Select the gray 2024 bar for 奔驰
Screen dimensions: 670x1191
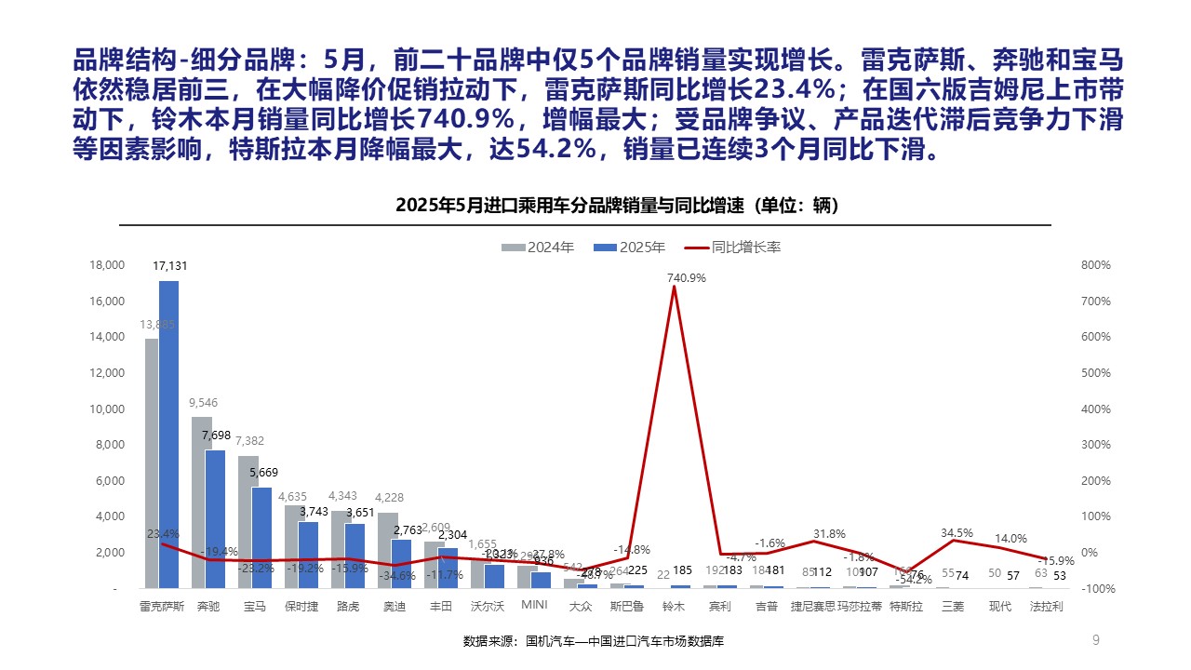coord(201,502)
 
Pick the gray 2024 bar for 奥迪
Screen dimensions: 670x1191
coord(388,550)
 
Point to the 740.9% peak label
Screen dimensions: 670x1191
coord(686,277)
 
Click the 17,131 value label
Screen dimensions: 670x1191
coord(171,266)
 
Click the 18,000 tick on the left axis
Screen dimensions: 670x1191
coord(107,265)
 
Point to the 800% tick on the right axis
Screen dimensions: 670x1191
coord(1095,265)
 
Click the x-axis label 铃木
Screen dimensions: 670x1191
coord(674,606)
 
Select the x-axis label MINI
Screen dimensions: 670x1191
coord(533,606)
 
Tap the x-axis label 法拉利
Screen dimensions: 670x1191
coord(1047,606)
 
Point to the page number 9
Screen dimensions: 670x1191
coord(1095,639)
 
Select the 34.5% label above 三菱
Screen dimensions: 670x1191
coord(957,533)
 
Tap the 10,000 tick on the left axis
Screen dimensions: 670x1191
coord(107,409)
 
